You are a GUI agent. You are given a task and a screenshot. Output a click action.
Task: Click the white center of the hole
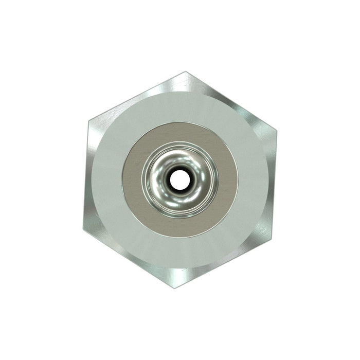pyautogui.click(x=179, y=179)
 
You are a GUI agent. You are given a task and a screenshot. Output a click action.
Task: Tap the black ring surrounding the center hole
pyautogui.click(x=171, y=179)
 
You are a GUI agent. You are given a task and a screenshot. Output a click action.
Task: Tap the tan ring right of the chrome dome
pyautogui.click(x=228, y=180)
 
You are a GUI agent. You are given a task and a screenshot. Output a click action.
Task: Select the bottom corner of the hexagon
pyautogui.click(x=175, y=287)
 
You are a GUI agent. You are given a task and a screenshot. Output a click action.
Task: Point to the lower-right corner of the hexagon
pyautogui.click(x=272, y=232)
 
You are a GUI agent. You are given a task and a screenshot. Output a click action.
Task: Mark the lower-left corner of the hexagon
pyautogui.click(x=84, y=231)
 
